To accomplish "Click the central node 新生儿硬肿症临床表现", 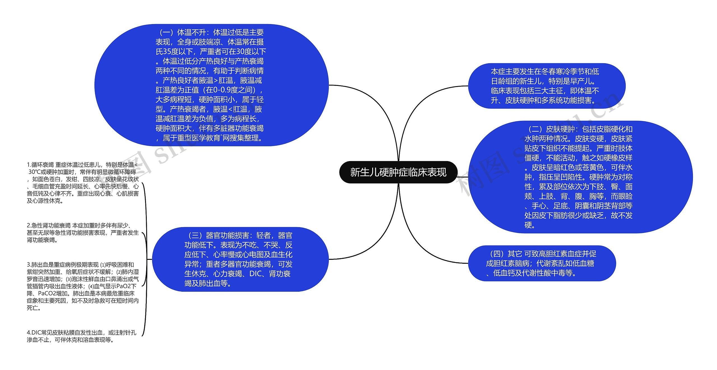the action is (398, 172).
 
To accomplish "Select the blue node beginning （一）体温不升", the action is (211, 85).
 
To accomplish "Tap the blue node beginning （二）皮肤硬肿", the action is (580, 177).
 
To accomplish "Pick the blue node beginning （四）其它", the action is (542, 263).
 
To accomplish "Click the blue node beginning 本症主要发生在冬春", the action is (546, 86).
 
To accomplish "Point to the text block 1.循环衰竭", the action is (83, 183).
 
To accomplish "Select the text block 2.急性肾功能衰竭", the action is (83, 232).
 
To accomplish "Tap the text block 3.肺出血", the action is (83, 286).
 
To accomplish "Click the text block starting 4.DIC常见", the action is (82, 336).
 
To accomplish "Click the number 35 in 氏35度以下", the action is (167, 52).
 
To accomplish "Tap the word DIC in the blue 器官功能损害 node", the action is (255, 274).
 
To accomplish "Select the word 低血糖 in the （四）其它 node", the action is (583, 263).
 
